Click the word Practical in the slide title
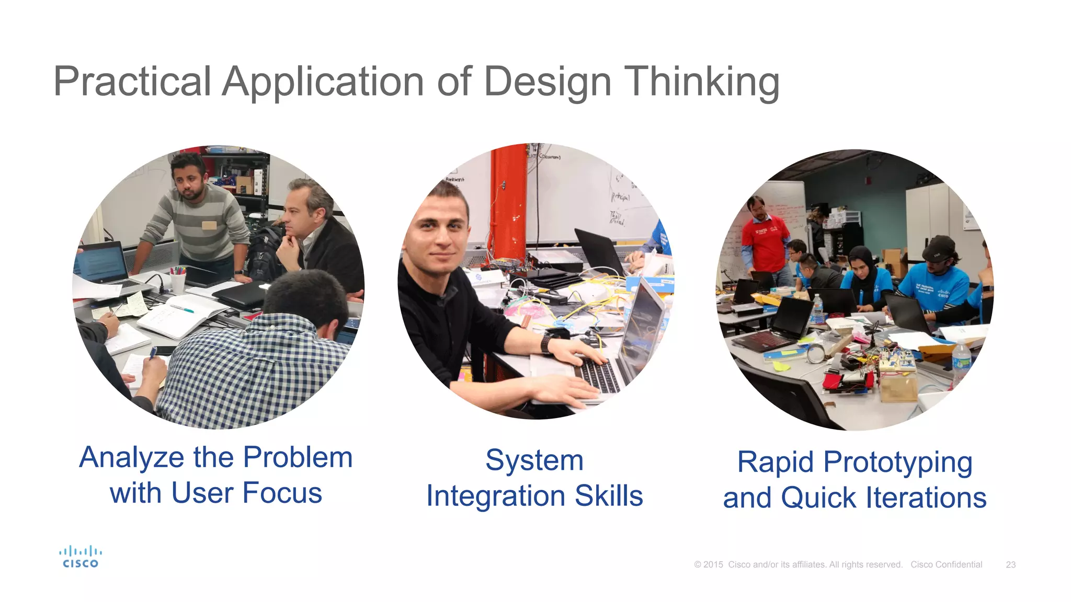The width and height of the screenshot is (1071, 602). point(132,82)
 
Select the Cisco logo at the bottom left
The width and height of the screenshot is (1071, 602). point(80,557)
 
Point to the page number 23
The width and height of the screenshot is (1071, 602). point(1010,565)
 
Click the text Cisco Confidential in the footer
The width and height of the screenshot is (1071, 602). point(946,565)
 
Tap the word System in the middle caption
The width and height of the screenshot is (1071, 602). point(534,460)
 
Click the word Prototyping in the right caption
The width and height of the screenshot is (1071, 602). point(897,462)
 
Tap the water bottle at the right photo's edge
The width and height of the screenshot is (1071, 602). point(961,363)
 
